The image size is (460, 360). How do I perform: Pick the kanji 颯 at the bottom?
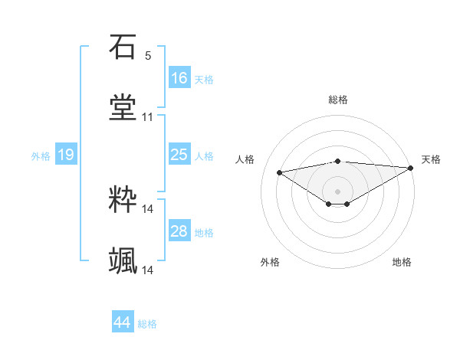point(123,260)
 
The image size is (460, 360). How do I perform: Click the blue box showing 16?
point(179,78)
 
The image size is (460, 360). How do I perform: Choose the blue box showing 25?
point(179,155)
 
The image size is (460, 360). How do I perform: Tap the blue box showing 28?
point(179,231)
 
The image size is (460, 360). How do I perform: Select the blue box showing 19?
point(65,155)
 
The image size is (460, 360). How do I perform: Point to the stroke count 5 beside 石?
point(148,56)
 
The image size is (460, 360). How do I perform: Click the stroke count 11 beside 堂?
point(148,117)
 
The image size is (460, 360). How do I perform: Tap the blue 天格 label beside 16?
point(204,79)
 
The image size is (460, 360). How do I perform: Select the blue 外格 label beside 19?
point(41,155)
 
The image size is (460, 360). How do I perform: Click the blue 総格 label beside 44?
point(147,323)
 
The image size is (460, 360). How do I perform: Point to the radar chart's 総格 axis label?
point(338,100)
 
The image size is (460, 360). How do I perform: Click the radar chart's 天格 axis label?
point(432,159)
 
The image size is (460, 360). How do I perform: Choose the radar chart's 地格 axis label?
point(402,262)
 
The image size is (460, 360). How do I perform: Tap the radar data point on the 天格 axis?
point(411,168)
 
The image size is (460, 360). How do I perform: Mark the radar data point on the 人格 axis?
point(279,172)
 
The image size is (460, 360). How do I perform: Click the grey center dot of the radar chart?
point(338,191)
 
